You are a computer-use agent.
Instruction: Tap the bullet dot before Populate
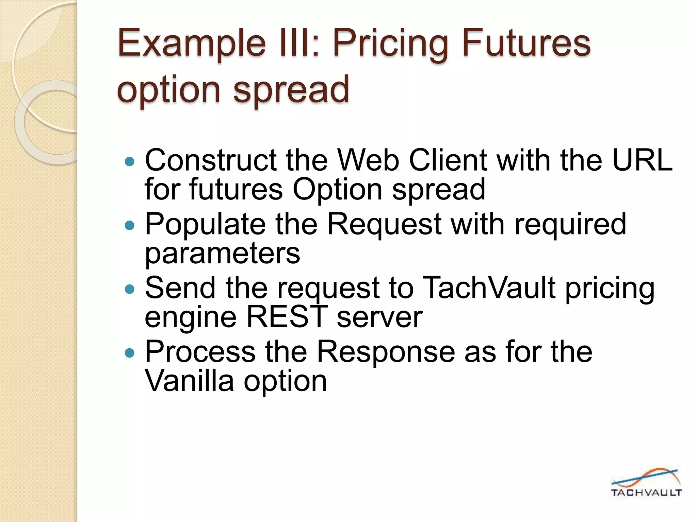click(x=130, y=225)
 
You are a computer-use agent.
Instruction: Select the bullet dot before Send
click(x=130, y=289)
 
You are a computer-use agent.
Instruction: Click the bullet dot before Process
click(x=130, y=353)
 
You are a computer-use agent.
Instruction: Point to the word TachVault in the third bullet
click(x=490, y=288)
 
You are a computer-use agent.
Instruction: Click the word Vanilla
click(x=189, y=381)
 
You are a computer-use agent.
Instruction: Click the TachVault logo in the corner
click(x=646, y=483)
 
